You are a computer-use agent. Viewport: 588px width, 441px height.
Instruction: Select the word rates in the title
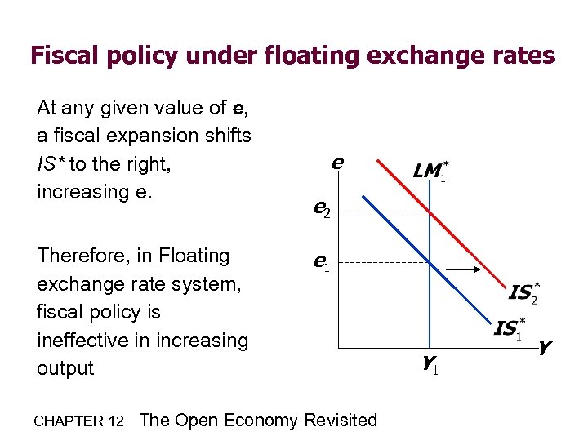(x=519, y=56)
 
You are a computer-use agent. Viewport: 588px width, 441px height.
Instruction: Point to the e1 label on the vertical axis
(x=322, y=262)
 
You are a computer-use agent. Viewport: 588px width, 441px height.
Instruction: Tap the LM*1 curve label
(x=430, y=171)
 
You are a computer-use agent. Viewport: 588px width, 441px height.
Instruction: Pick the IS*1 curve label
(x=508, y=329)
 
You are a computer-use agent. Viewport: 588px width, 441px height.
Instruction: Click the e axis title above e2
(x=336, y=163)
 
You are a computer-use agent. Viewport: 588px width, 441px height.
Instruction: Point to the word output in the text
(x=65, y=368)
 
